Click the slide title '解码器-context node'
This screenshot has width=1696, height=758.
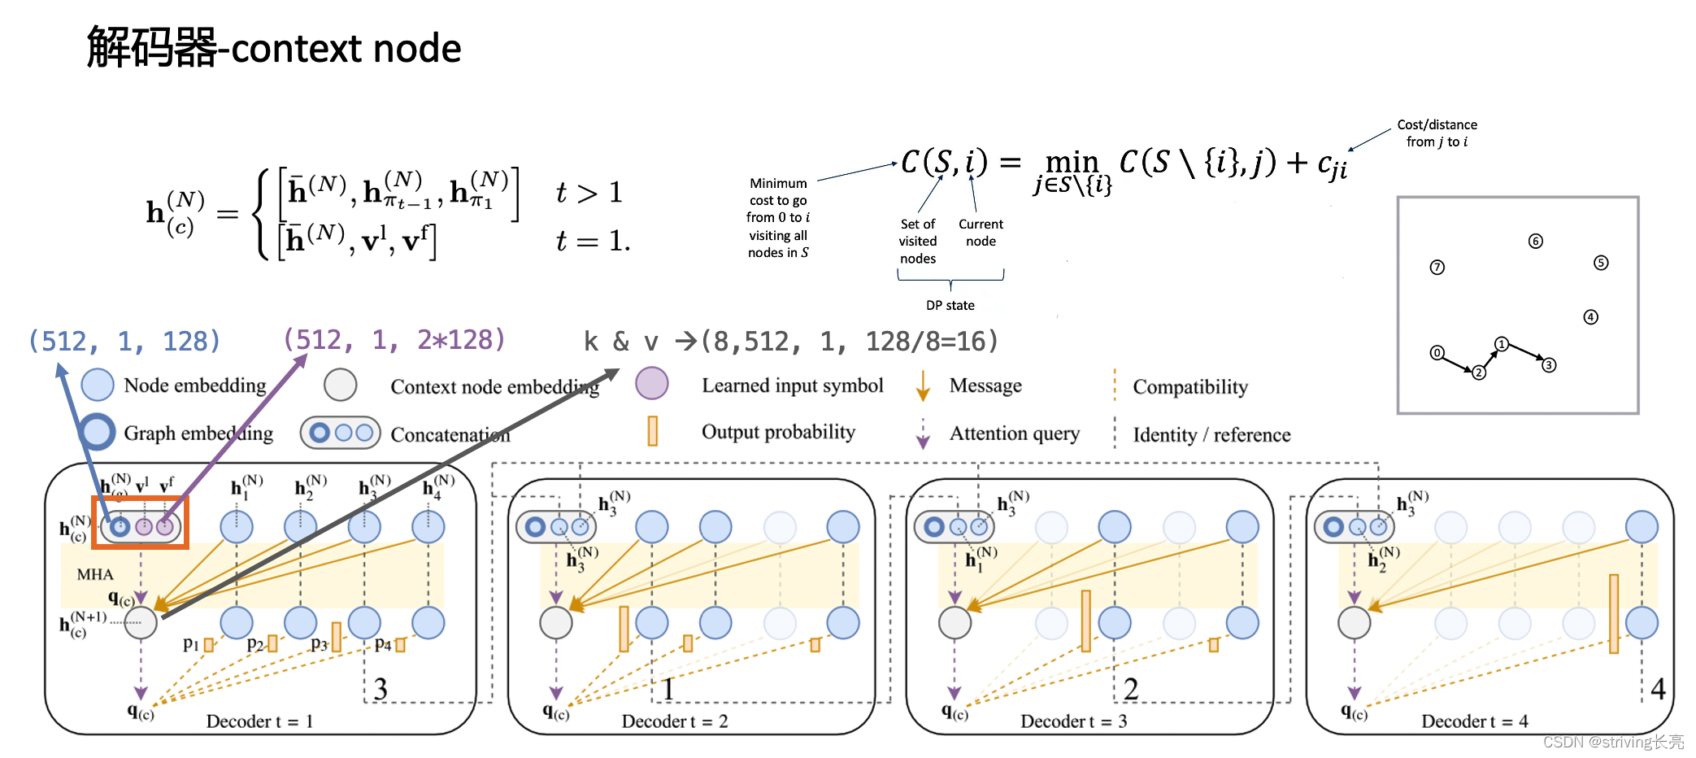point(274,47)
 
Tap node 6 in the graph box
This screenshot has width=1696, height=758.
point(1535,241)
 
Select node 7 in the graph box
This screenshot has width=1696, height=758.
point(1437,268)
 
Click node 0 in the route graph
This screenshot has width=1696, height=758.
point(1437,353)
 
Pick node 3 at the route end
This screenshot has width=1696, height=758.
point(1549,365)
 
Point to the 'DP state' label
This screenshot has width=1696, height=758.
point(950,305)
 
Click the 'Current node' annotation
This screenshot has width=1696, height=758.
point(981,233)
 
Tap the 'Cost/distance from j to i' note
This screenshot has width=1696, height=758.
point(1437,133)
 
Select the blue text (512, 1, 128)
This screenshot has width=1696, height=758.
point(124,341)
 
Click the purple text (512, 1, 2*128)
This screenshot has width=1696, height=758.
point(394,339)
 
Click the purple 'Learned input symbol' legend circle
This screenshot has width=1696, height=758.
point(651,383)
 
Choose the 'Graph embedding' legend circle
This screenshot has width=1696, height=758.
point(98,432)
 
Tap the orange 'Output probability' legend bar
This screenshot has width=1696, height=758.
point(652,431)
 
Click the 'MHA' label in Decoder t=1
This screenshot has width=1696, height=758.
point(95,574)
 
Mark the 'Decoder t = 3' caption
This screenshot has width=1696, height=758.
point(1073,721)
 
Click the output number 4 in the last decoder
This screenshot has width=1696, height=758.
point(1658,689)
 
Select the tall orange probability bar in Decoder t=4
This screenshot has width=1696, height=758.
point(1613,613)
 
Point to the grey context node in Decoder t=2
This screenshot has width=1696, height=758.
point(556,623)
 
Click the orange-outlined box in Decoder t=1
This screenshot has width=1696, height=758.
point(141,523)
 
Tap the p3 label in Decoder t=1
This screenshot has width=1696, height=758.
point(319,645)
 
